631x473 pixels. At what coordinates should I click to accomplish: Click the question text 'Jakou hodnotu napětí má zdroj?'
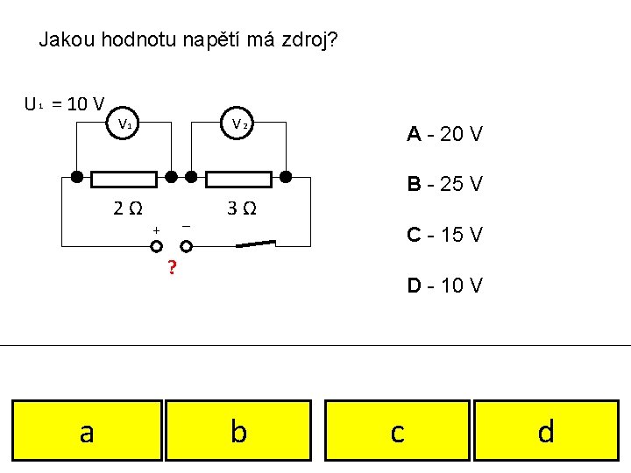tap(189, 40)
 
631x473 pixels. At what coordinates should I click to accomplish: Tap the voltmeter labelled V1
tap(125, 124)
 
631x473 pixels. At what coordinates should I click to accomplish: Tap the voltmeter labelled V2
tap(239, 124)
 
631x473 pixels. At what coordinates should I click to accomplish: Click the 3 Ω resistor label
tap(242, 208)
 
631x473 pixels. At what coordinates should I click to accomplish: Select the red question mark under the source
tap(172, 267)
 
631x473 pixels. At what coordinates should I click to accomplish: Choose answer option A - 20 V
tap(444, 134)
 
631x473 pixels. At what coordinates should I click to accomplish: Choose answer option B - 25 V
tap(444, 185)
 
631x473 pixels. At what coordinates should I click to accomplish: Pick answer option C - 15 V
tap(444, 235)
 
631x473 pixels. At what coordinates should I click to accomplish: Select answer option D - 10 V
tap(444, 286)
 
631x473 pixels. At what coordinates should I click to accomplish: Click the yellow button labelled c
tap(397, 430)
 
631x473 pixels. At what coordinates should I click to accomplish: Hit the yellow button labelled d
tap(546, 430)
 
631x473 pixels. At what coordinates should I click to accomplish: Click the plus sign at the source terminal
tap(156, 230)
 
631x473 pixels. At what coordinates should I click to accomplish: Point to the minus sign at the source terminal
tap(186, 227)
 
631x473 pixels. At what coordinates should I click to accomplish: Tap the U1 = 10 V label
tap(65, 104)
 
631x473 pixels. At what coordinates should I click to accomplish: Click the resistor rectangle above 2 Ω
tap(124, 179)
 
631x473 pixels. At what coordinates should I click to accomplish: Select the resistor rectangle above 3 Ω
tap(238, 179)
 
